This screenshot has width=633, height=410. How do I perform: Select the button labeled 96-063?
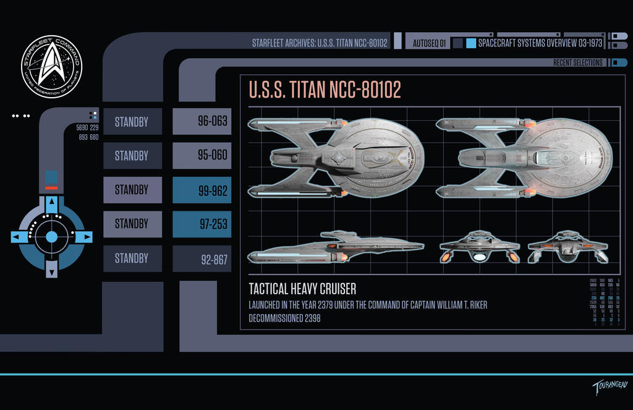click(202, 121)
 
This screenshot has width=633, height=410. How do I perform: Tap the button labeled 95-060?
click(202, 156)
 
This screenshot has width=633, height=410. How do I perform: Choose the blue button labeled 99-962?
click(202, 190)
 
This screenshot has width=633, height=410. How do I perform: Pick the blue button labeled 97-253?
click(202, 224)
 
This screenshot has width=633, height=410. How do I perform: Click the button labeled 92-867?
click(202, 259)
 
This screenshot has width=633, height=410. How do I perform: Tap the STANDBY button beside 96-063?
click(132, 121)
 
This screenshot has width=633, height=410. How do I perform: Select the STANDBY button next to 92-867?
click(132, 258)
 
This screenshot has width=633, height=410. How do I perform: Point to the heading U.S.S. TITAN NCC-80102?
click(325, 90)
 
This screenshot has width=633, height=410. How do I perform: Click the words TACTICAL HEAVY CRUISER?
click(302, 289)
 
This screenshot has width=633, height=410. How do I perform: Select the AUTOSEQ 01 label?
click(429, 43)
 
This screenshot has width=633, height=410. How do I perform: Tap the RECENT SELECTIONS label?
click(577, 62)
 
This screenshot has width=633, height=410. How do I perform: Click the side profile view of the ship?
click(335, 247)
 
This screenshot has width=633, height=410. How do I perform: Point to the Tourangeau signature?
click(610, 388)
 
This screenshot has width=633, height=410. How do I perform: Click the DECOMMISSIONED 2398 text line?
click(284, 318)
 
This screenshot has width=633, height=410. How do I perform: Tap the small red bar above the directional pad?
click(51, 187)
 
